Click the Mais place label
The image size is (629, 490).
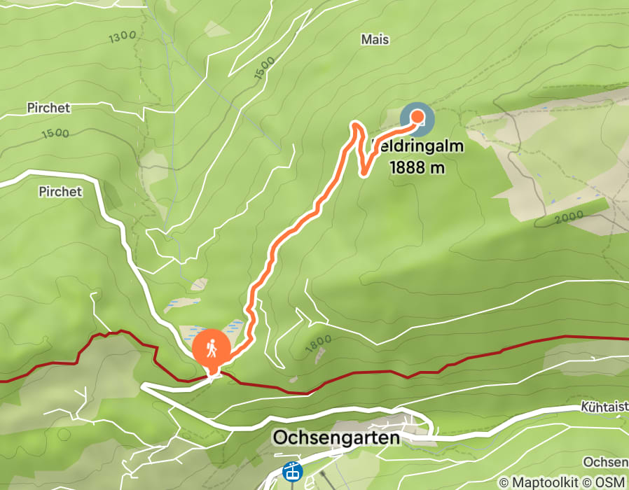[x=375, y=39]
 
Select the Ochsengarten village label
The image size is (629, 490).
[x=336, y=438]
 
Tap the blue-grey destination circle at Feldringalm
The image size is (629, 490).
[x=417, y=118]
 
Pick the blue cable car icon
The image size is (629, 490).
[x=291, y=472]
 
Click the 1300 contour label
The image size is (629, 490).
[x=123, y=37]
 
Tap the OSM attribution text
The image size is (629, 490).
[x=611, y=483]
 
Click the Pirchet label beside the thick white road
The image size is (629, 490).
[x=61, y=191]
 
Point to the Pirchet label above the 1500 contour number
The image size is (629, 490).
[x=49, y=108]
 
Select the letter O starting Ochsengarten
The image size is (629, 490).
[x=279, y=438]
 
